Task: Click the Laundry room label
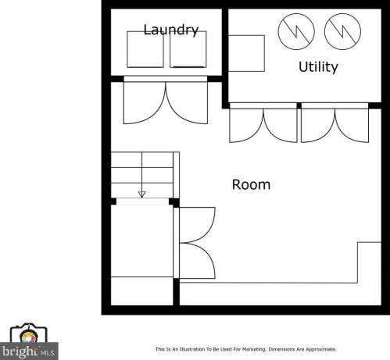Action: coord(171,30)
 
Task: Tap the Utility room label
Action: coord(318,67)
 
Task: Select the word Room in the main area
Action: coord(251,185)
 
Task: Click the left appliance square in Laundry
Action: coord(145,49)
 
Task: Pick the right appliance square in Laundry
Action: coord(188,49)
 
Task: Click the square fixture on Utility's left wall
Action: coord(246,53)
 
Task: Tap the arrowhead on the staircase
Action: coord(141,194)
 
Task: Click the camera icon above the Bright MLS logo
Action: coord(28,334)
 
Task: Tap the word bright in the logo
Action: coord(20,351)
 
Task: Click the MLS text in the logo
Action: coord(48,353)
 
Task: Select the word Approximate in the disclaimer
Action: coord(321,349)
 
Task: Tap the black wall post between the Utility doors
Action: coord(299,105)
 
